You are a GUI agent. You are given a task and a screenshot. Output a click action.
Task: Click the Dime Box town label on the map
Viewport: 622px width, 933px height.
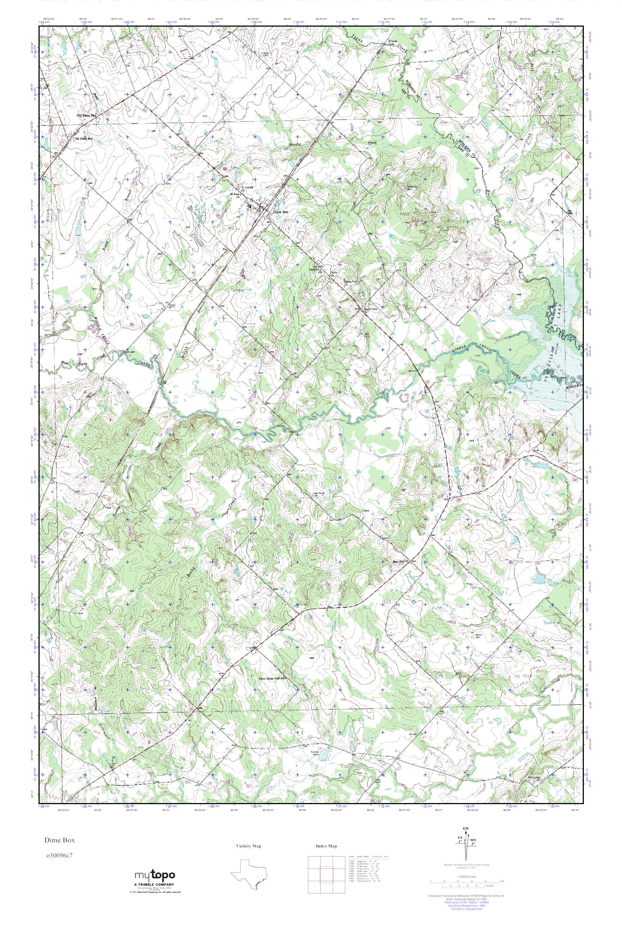click(280, 212)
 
